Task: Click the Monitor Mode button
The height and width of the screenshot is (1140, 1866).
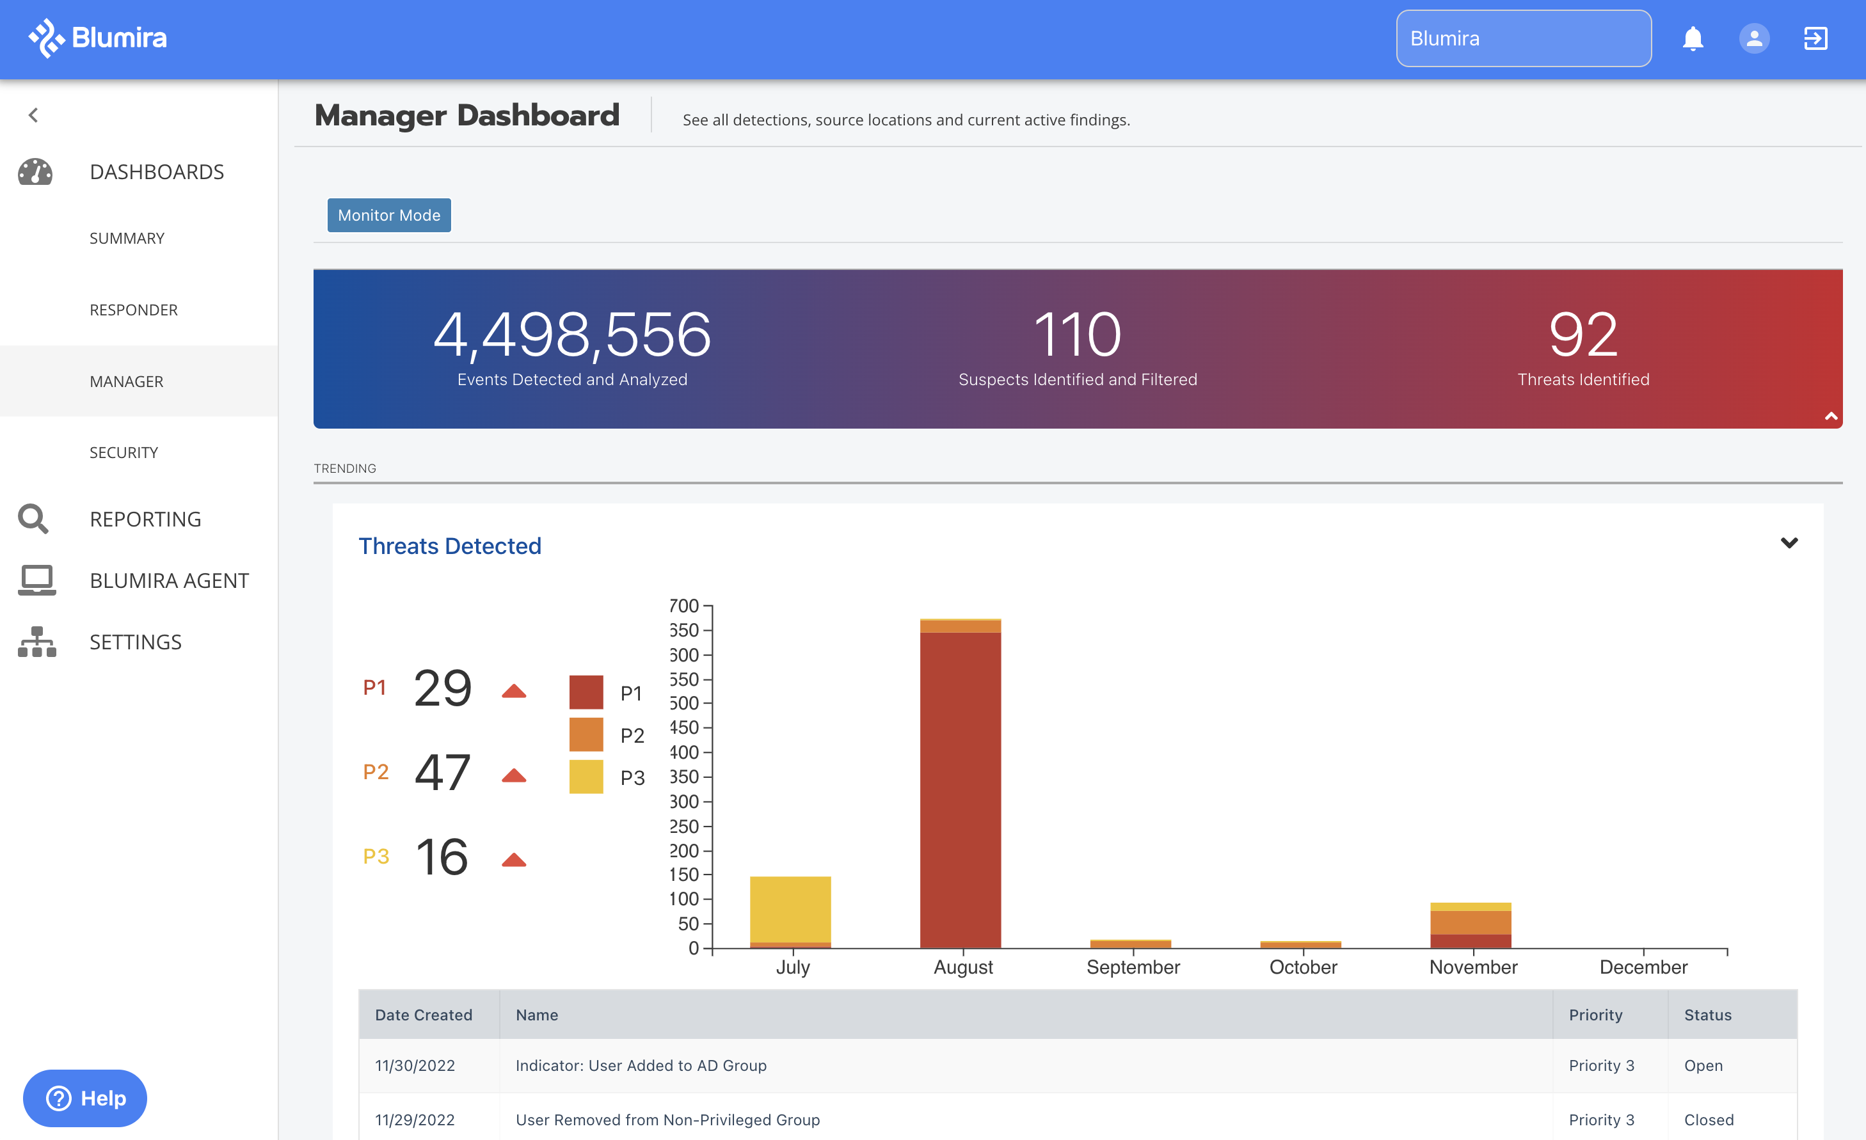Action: (388, 215)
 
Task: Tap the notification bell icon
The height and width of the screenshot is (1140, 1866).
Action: (1693, 38)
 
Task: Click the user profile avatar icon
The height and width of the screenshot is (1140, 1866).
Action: (1754, 38)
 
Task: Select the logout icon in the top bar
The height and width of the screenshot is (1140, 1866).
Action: (1815, 38)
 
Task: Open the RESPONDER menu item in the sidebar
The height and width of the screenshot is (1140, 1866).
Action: (133, 310)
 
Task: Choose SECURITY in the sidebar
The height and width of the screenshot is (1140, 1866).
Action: (124, 452)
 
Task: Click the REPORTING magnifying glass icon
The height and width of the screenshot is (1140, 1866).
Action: (34, 519)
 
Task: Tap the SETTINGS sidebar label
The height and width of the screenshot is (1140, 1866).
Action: (136, 642)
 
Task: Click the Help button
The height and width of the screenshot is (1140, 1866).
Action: (85, 1098)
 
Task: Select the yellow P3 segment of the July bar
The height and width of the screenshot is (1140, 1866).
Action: (790, 908)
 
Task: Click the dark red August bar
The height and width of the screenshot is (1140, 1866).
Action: (961, 788)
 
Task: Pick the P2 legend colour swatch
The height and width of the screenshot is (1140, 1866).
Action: (586, 734)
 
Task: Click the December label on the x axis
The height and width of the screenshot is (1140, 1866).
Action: (1643, 967)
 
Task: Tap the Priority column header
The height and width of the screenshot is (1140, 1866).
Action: (1595, 1015)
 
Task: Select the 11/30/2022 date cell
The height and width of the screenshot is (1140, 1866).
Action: (415, 1065)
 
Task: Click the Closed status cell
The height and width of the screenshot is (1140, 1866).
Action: (1709, 1120)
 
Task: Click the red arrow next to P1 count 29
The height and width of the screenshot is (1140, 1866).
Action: (513, 690)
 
